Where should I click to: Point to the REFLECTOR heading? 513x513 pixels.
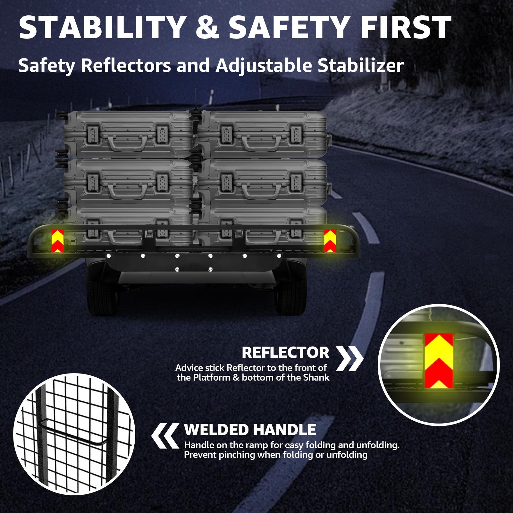click(x=285, y=353)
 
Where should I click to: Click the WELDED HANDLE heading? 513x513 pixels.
click(x=250, y=430)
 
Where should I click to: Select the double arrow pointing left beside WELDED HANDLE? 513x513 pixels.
click(x=165, y=435)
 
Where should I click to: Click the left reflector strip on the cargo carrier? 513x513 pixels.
click(x=58, y=241)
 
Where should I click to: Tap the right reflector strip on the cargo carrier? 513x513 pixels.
click(x=330, y=241)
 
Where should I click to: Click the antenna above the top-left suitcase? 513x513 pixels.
click(x=195, y=101)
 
